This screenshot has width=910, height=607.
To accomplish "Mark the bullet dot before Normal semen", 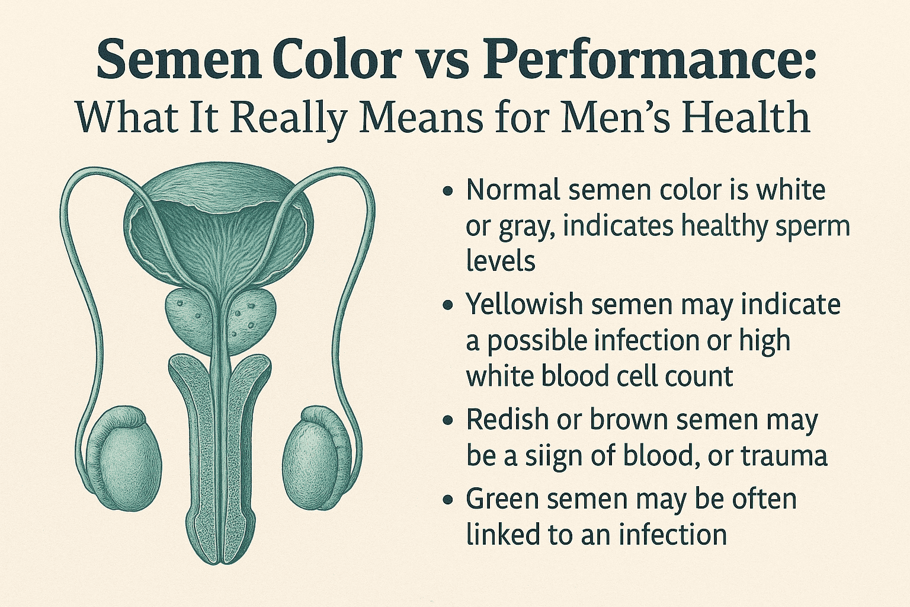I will pos(449,191).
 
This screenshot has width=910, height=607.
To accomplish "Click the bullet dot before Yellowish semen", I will pos(449,306).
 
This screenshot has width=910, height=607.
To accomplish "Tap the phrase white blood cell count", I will pos(600,377).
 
